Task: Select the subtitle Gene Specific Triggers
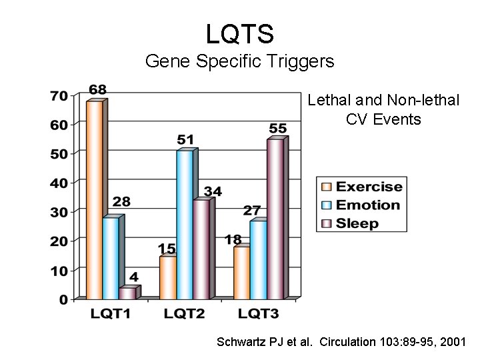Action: click(x=239, y=62)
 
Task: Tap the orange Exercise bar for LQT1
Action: click(x=94, y=200)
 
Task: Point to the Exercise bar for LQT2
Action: click(x=167, y=277)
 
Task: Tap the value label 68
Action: click(x=97, y=89)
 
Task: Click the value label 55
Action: click(x=278, y=128)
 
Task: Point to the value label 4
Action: click(x=134, y=277)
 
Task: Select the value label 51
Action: click(x=186, y=139)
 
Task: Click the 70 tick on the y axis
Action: click(x=59, y=96)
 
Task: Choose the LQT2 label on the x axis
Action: click(x=184, y=313)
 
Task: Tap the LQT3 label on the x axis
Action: click(x=258, y=313)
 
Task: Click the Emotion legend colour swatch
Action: click(x=327, y=205)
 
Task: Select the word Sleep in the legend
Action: click(x=357, y=223)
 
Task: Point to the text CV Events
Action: click(x=383, y=119)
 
